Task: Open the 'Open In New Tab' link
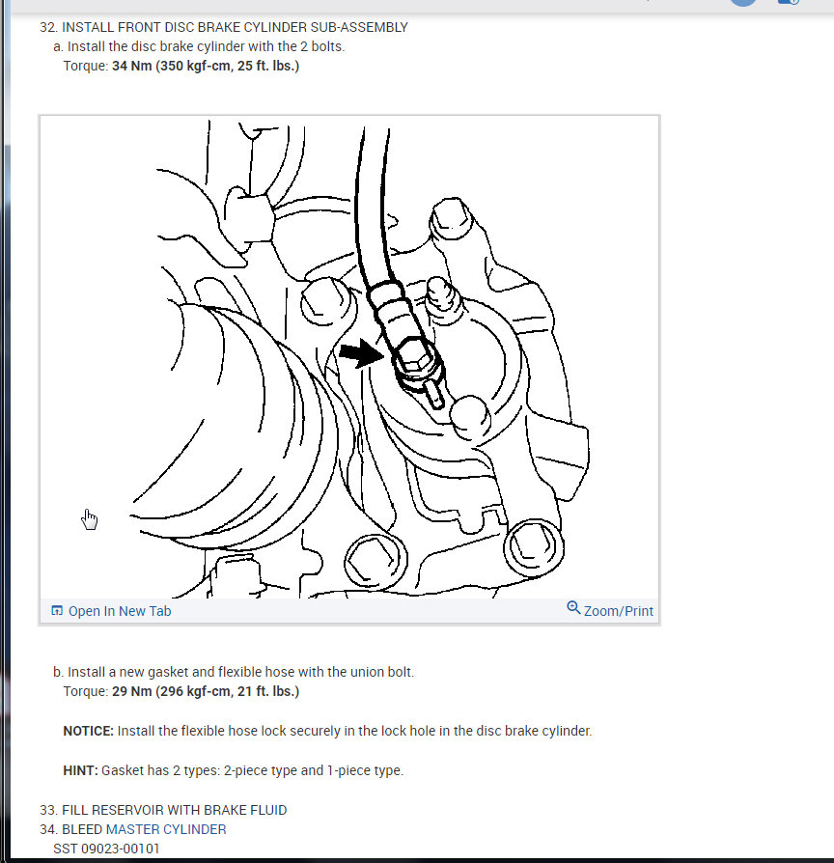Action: pyautogui.click(x=119, y=611)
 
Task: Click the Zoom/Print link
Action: pyautogui.click(x=618, y=611)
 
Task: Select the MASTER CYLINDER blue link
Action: pyautogui.click(x=166, y=829)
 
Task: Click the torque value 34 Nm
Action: pyautogui.click(x=131, y=66)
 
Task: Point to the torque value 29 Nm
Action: pyautogui.click(x=131, y=691)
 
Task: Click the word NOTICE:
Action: pyautogui.click(x=88, y=731)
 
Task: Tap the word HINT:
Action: pyautogui.click(x=80, y=770)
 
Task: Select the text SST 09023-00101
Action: pyautogui.click(x=106, y=848)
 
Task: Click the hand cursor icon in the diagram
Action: pyautogui.click(x=90, y=519)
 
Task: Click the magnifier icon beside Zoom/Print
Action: pyautogui.click(x=573, y=608)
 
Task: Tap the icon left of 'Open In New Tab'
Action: pyautogui.click(x=57, y=611)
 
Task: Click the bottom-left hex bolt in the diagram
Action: pyautogui.click(x=365, y=558)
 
